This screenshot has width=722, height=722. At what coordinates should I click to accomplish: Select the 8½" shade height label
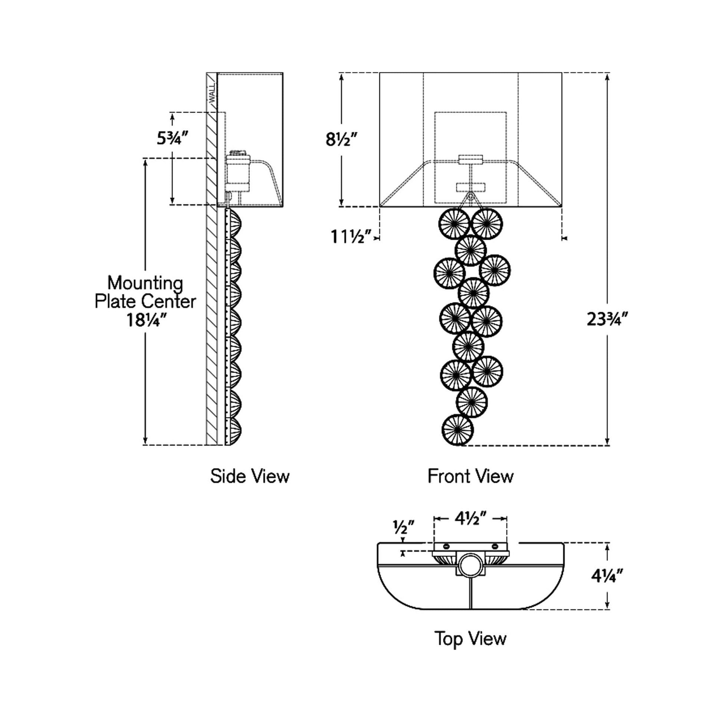(x=341, y=140)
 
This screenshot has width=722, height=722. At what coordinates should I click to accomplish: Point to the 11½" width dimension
(x=351, y=237)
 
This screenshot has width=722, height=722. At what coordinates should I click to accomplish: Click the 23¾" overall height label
(x=607, y=319)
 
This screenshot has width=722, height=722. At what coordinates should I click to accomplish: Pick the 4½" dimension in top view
(x=470, y=518)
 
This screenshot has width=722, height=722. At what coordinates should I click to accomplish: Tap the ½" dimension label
(x=403, y=527)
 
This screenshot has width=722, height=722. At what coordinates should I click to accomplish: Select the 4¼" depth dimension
(x=607, y=576)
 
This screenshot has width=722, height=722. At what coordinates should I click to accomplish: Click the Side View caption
(x=250, y=476)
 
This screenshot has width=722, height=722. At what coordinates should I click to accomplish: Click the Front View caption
(x=470, y=476)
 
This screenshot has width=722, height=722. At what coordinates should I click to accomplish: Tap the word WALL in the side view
(x=212, y=94)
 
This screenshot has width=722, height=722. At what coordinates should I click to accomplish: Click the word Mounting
(x=145, y=283)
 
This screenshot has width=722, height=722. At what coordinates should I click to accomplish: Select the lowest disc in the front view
(x=457, y=430)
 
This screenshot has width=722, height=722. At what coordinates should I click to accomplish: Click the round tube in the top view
(x=470, y=565)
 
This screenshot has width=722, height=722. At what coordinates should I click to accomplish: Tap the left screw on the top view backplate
(x=446, y=547)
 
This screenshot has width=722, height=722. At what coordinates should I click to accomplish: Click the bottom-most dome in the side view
(x=234, y=431)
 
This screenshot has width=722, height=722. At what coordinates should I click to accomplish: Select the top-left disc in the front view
(x=454, y=223)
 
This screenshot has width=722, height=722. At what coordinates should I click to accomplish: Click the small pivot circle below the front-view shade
(x=470, y=196)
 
